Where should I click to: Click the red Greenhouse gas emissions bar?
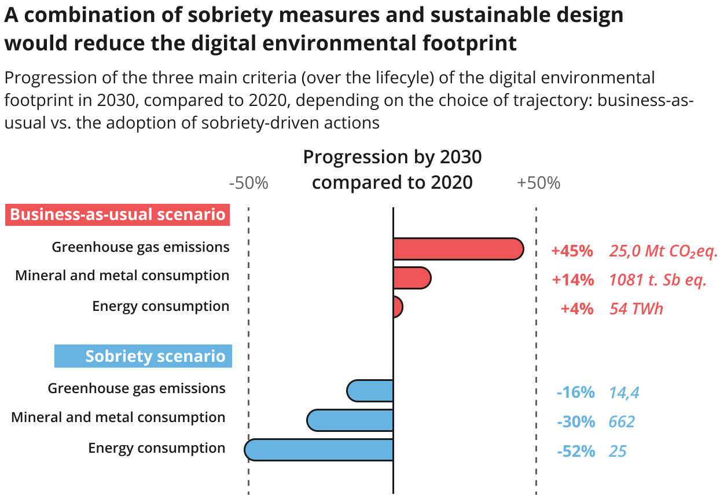pos(458,249)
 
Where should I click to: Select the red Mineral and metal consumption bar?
pos(412,278)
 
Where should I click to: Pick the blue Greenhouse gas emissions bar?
pos(370,391)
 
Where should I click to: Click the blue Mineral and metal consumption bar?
pos(350,420)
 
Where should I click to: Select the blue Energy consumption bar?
pos(319,450)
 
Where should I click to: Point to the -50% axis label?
pos(249,183)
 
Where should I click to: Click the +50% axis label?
pos(538,183)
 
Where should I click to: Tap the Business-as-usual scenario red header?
pos(118,215)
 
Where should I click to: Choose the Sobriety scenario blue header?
pos(144,356)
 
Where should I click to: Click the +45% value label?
pos(572,251)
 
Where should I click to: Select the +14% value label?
pos(572,280)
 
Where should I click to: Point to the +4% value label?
pos(576,309)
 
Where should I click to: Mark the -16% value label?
pos(575,393)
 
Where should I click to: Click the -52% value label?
pos(575,451)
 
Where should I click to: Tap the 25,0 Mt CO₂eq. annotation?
pos(663,251)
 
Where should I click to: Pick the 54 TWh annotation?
pos(636,309)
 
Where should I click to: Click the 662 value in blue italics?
pos(622,421)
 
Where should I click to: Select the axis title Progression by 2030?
pos(392,157)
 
